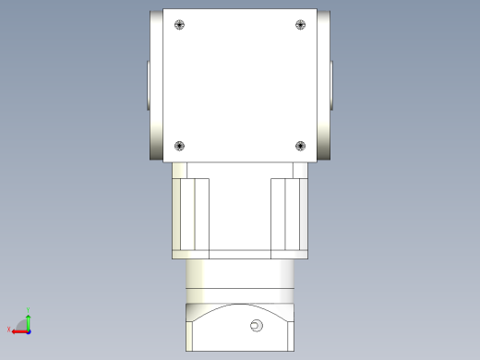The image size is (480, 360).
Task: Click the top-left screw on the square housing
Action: [x=179, y=25]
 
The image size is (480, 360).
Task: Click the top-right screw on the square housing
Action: [x=300, y=25]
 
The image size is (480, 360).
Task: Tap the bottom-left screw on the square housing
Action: [x=179, y=145]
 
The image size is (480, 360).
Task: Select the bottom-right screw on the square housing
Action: [x=300, y=145]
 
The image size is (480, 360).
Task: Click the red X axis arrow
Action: [x=18, y=330]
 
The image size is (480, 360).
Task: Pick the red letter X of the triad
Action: [x=9, y=330]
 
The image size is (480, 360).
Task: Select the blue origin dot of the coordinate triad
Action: [x=29, y=330]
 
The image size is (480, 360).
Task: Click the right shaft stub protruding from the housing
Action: [x=333, y=85]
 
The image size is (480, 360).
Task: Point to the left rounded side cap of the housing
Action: [x=156, y=85]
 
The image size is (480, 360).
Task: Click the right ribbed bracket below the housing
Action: [x=287, y=214]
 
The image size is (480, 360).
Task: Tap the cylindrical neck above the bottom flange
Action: [x=240, y=273]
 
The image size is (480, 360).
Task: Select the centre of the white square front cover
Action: [x=240, y=85]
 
